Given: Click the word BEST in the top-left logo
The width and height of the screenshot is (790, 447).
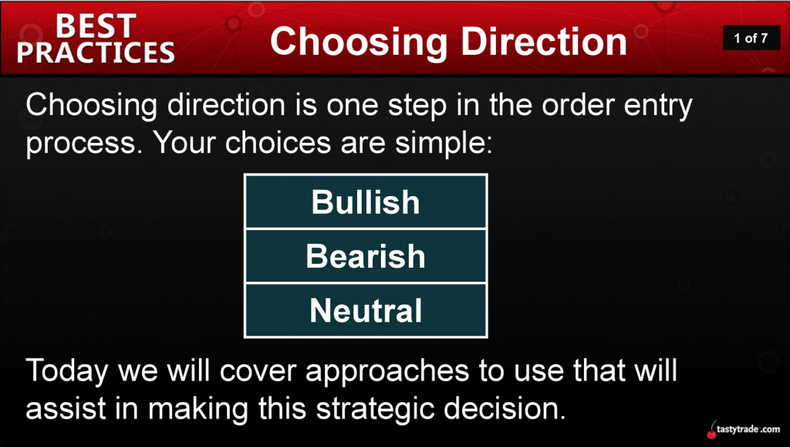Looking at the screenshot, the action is (96, 25).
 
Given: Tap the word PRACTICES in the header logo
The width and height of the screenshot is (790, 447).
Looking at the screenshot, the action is (96, 52).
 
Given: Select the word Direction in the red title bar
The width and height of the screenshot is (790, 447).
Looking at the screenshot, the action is (544, 42).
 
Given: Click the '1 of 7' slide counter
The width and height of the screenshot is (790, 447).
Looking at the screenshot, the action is (751, 38).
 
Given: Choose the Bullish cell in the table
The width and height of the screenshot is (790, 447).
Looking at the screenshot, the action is (366, 202).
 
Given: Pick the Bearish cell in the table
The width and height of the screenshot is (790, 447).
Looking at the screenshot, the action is (366, 256).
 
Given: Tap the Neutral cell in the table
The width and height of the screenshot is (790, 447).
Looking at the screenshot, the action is (366, 310).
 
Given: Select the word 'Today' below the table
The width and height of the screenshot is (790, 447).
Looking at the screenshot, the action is (67, 371).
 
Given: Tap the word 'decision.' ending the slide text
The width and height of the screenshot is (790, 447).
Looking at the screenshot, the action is (505, 408).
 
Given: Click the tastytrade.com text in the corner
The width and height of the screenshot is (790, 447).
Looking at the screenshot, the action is (748, 429).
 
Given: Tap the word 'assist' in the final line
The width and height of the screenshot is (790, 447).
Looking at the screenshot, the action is (66, 408).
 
